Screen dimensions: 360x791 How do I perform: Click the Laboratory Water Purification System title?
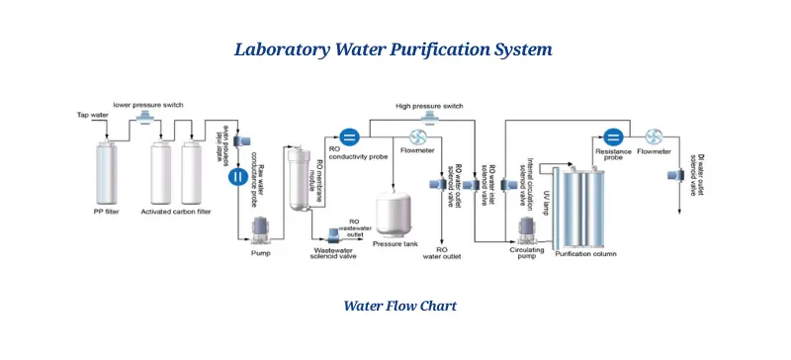click(x=394, y=48)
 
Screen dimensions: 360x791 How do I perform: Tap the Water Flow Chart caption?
click(x=399, y=306)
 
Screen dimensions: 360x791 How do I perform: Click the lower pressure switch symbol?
click(x=146, y=118)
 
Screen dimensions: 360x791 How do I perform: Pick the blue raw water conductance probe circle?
click(x=237, y=177)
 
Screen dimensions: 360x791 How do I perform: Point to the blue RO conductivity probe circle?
click(x=348, y=137)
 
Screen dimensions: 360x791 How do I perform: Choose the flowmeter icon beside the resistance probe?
click(x=653, y=137)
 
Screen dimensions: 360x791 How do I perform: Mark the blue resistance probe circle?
click(x=612, y=137)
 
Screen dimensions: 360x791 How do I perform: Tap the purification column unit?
click(x=584, y=207)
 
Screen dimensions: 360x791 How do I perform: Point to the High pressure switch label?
click(x=429, y=106)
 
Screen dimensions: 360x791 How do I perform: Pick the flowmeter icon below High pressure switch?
click(x=417, y=137)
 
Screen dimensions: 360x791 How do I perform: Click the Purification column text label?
click(x=585, y=255)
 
